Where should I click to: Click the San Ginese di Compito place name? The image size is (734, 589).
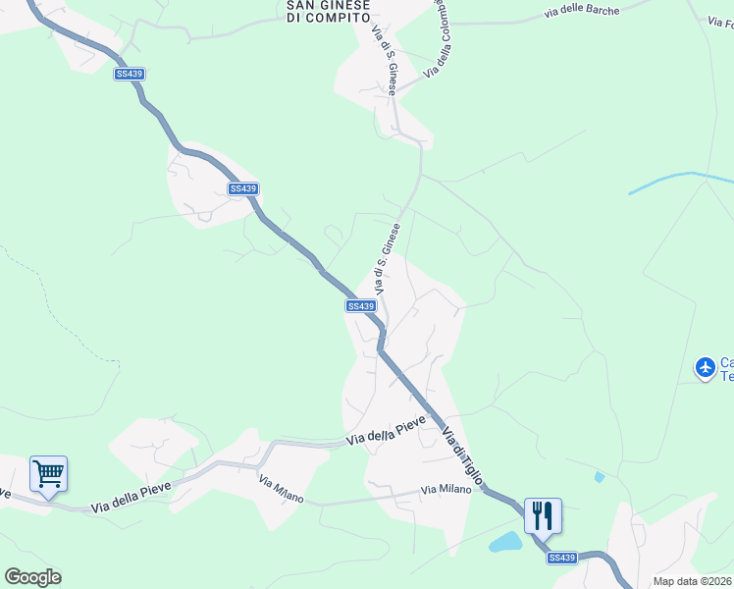pos(328,10)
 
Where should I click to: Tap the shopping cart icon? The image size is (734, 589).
pos(48,474)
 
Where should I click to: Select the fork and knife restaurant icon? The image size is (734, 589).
pos(543,514)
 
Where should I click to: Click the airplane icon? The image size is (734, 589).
pos(705,368)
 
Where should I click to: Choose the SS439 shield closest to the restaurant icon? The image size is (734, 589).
pos(562,558)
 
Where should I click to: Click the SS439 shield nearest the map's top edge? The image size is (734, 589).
pos(128,75)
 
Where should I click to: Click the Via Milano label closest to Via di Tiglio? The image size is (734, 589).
pos(446,490)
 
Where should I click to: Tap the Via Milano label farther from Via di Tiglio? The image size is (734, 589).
pos(281,489)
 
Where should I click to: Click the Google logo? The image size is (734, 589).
pos(32,577)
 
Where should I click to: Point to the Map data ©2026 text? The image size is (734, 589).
pos(692,581)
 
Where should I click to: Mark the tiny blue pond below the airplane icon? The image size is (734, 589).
pos(599,477)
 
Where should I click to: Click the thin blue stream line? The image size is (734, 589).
pos(677,179)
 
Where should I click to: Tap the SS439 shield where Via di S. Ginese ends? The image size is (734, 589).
pos(361,306)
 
